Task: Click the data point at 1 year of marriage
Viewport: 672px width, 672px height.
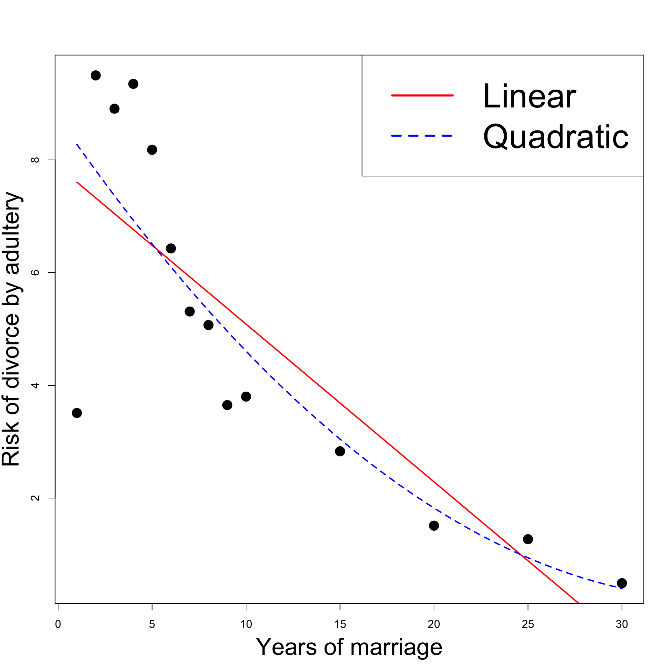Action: [77, 413]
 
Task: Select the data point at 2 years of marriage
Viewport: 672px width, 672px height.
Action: [96, 75]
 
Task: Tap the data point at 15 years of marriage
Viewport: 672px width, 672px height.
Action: [340, 451]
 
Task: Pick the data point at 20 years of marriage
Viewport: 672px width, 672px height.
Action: [434, 525]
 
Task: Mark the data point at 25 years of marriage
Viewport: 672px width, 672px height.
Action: [528, 539]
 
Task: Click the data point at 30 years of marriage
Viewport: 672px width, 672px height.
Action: [622, 583]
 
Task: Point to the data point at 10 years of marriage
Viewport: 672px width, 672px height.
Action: [246, 397]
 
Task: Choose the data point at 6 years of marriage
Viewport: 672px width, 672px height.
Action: [171, 248]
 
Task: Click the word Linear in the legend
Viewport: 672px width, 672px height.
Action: [529, 96]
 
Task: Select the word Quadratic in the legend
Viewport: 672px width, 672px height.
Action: [556, 137]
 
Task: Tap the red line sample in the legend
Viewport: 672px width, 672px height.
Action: [422, 95]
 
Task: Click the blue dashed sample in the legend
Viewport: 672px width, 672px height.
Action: [422, 136]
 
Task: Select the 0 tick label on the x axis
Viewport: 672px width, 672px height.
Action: [58, 624]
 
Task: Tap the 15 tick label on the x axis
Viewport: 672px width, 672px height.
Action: [340, 624]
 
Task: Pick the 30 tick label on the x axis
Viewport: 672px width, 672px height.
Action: [622, 624]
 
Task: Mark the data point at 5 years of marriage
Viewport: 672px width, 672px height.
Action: [152, 150]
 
